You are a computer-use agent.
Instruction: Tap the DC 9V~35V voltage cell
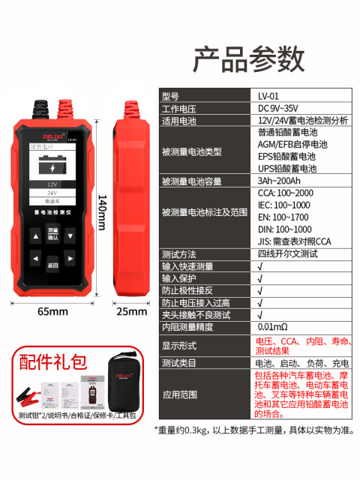[x=277, y=109]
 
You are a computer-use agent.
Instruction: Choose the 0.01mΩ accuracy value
[x=274, y=327]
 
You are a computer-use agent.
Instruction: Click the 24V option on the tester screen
[x=52, y=193]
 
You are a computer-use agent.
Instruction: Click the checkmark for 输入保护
[x=259, y=278]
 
